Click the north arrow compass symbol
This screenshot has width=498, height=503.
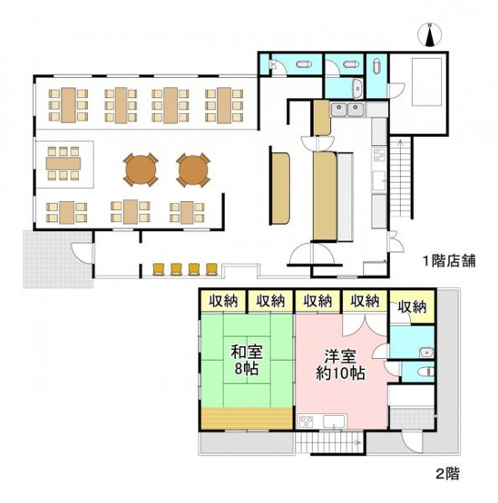click(430, 35)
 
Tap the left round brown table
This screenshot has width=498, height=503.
click(141, 169)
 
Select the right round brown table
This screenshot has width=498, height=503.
click(192, 169)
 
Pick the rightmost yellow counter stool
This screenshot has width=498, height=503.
click(211, 267)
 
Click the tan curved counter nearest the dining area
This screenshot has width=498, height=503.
click(279, 189)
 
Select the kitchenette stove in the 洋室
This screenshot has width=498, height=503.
click(307, 421)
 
